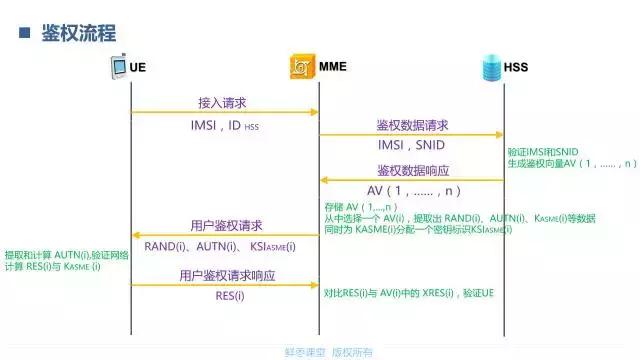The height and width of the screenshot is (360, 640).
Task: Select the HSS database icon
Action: (490, 67)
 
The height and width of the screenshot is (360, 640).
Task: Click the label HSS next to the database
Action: (516, 67)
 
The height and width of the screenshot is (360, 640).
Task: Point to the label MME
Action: (332, 67)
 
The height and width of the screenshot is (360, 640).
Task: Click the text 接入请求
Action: (222, 102)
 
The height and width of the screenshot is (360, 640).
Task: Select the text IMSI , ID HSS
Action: (224, 126)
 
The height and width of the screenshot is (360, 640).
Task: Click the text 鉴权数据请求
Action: (412, 125)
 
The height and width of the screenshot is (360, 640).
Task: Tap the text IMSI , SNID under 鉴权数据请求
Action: (411, 145)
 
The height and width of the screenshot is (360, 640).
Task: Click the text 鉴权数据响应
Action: (412, 170)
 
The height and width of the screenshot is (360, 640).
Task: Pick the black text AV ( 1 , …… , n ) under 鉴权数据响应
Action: (413, 190)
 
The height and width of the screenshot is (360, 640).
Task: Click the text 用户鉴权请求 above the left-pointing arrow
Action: (226, 225)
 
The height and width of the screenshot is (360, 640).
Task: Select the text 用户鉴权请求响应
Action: (227, 275)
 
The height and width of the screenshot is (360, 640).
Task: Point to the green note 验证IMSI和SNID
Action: (543, 150)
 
